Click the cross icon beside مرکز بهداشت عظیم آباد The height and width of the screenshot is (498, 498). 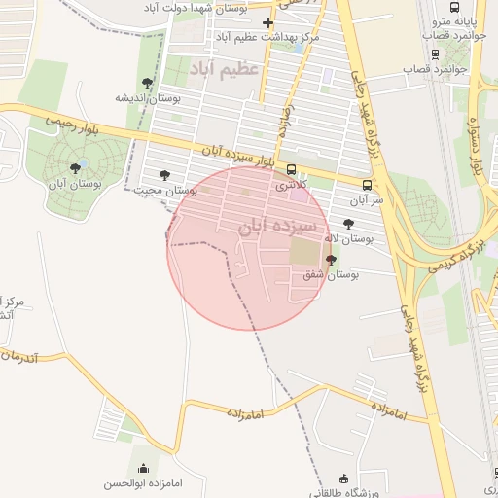tap(268, 21)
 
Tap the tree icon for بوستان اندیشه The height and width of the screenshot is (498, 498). tap(147, 84)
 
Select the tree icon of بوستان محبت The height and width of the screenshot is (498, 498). tap(163, 176)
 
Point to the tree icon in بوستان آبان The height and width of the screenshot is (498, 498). tap(75, 168)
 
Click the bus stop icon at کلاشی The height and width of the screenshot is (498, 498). tap(292, 170)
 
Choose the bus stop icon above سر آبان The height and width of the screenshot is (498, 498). tap(367, 185)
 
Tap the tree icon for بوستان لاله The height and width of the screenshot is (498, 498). tap(349, 224)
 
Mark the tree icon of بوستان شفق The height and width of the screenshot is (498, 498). tap(332, 260)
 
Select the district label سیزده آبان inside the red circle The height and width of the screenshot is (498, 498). tap(278, 226)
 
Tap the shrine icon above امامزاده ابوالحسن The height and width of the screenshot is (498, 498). tap(145, 468)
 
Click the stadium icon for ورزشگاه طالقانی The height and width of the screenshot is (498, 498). tap(342, 479)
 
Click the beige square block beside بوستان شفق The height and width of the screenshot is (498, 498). tap(303, 253)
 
